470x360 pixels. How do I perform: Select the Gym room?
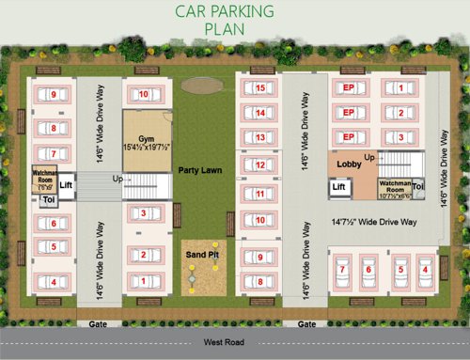point(147,141)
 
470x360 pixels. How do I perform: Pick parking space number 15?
point(259,88)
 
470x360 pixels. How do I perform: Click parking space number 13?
point(259,137)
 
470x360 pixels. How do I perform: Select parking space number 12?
point(259,166)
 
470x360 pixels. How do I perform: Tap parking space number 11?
point(259,195)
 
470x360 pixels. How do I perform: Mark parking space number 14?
point(259,113)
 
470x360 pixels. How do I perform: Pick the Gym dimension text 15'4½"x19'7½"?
point(147,148)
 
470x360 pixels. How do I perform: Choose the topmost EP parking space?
point(348,89)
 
